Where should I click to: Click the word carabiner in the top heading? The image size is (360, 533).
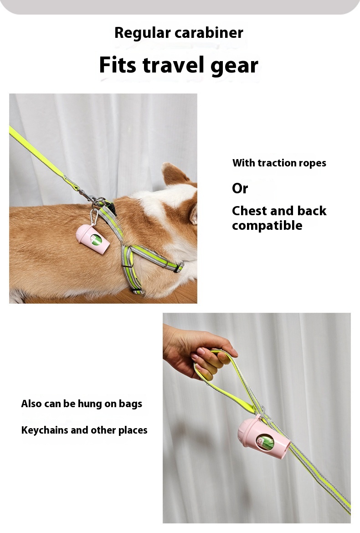pyautogui.click(x=209, y=33)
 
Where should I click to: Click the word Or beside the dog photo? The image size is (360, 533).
pyautogui.click(x=240, y=188)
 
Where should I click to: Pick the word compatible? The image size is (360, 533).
pyautogui.click(x=267, y=226)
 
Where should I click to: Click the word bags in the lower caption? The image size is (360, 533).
pyautogui.click(x=130, y=404)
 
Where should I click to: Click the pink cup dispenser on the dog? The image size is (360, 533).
pyautogui.click(x=93, y=238)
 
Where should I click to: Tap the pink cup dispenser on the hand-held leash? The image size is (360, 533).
pyautogui.click(x=264, y=437)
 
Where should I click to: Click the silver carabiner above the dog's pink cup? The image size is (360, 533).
pyautogui.click(x=94, y=216)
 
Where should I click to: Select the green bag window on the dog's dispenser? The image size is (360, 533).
pyautogui.click(x=97, y=240)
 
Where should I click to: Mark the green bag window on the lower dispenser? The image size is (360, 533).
pyautogui.click(x=265, y=442)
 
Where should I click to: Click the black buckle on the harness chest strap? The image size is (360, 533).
pyautogui.click(x=179, y=267)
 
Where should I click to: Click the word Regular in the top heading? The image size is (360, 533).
pyautogui.click(x=143, y=33)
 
